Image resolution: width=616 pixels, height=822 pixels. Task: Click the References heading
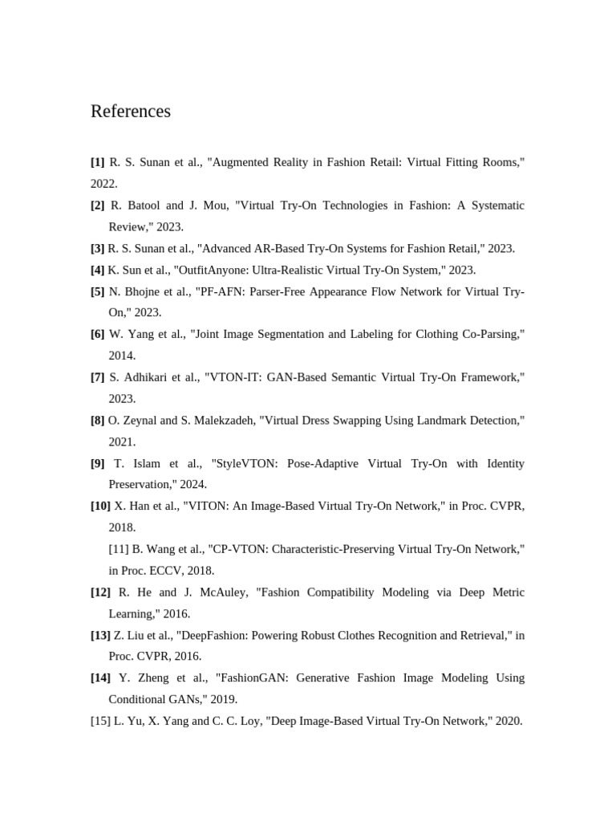click(x=131, y=112)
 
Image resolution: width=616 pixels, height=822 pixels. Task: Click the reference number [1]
click(x=98, y=162)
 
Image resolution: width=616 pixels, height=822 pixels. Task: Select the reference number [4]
click(x=98, y=271)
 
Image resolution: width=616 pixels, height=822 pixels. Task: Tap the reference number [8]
click(x=98, y=421)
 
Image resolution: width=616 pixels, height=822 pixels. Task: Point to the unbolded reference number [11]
click(x=120, y=550)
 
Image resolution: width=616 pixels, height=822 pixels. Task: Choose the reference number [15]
click(x=101, y=722)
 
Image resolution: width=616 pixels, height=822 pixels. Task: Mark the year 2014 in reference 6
click(x=122, y=356)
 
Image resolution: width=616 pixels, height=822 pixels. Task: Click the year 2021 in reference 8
click(x=122, y=442)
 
